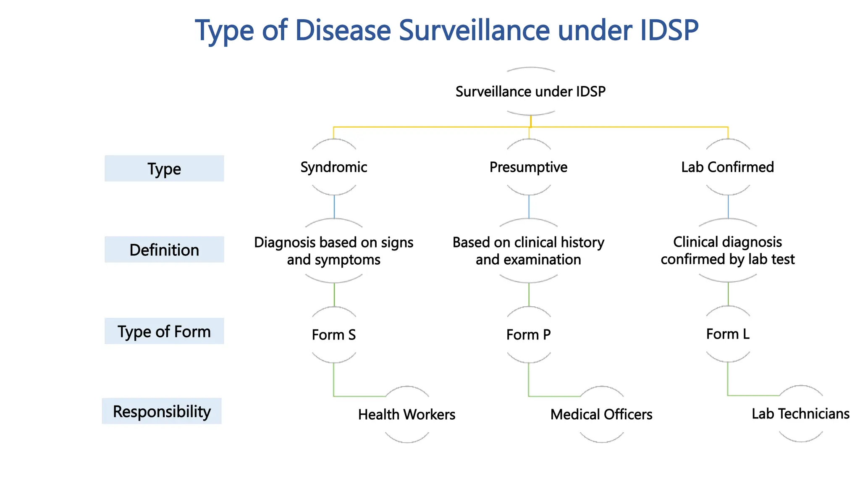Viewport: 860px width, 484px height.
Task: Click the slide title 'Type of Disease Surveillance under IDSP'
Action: point(447,30)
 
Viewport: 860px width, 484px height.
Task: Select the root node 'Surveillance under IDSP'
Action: point(530,92)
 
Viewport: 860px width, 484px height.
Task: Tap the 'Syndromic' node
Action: point(334,167)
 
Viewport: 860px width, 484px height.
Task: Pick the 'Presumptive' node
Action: point(528,167)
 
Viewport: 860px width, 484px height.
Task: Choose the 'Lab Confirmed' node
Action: point(727,167)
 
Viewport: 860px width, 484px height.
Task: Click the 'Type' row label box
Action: point(164,168)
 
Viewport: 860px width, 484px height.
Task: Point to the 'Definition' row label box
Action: point(164,250)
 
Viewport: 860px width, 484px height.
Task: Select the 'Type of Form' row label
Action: point(164,331)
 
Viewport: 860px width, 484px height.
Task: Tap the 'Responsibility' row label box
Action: point(162,411)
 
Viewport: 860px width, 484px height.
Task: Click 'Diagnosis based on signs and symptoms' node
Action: point(334,251)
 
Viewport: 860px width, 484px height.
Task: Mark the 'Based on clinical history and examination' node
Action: point(528,251)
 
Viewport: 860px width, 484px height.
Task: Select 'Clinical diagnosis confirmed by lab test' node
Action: point(727,250)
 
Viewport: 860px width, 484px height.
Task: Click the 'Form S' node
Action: point(334,335)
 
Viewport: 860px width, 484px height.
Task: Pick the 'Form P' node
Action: point(528,335)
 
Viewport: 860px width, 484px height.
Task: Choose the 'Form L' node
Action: point(727,334)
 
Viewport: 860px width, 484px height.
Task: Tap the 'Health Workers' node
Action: point(406,415)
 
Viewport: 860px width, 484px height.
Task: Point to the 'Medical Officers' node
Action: point(601,415)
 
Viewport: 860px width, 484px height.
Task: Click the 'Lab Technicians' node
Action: point(800,414)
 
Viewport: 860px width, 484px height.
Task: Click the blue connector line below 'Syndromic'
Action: point(334,207)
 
